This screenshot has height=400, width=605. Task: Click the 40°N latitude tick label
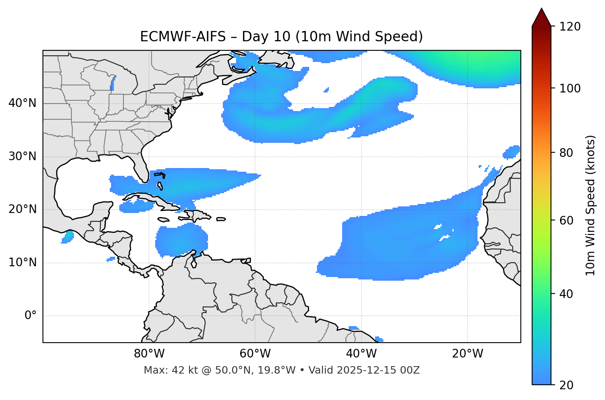coord(23,103)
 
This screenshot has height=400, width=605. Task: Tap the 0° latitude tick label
coord(31,316)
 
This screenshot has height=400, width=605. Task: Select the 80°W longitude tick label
coord(149,354)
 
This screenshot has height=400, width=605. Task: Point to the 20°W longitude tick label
coord(468,354)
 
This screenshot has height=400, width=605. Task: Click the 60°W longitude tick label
coord(255,354)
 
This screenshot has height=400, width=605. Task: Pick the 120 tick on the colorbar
coord(570,27)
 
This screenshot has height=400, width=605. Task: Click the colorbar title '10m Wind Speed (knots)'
coord(591,206)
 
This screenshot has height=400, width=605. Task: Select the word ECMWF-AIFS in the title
coord(183,37)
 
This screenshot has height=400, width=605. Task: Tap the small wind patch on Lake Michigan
coord(113,83)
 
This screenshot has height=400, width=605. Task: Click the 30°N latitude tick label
coord(23,156)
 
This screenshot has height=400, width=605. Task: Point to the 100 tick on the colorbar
coord(570,88)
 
